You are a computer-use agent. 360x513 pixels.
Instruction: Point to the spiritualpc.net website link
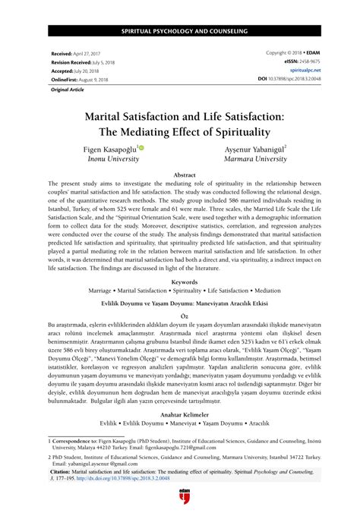click(295, 71)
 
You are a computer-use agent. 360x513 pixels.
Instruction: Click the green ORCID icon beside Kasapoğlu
click(141, 149)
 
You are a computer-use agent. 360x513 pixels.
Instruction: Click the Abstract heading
click(179, 175)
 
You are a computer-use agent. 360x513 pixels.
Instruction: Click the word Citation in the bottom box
click(63, 471)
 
